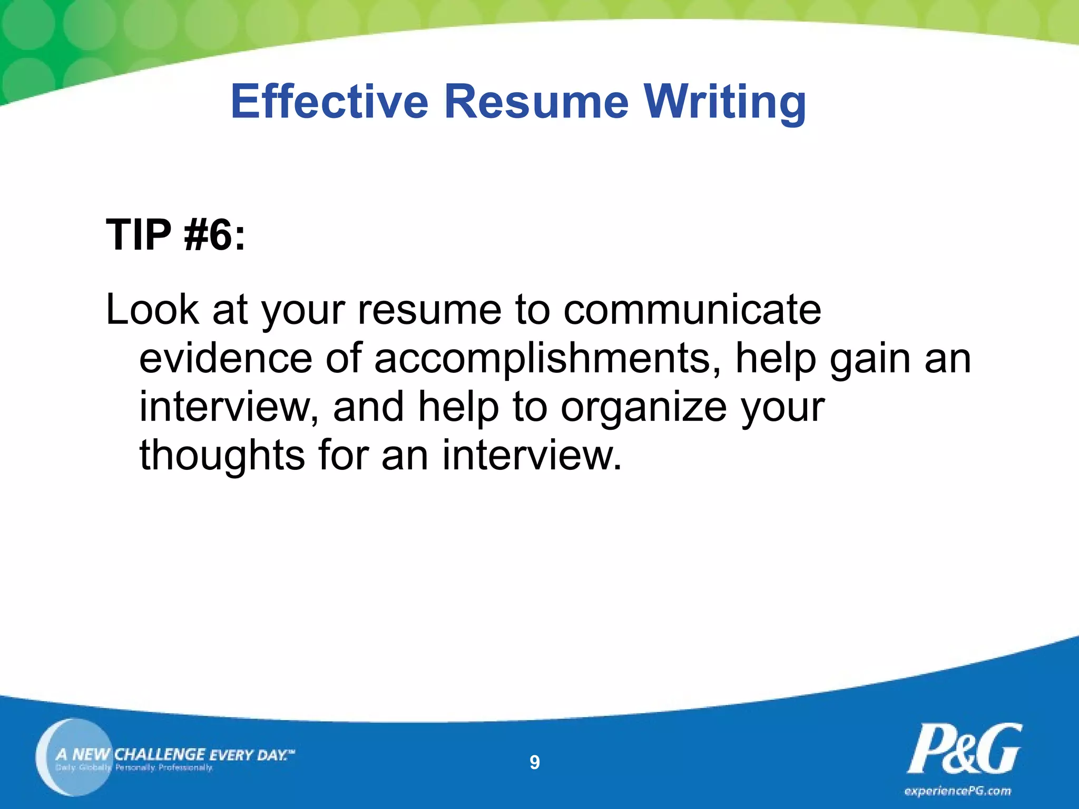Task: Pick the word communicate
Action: point(692,310)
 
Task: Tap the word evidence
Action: point(226,358)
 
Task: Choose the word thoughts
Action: point(222,455)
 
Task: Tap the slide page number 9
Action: point(534,763)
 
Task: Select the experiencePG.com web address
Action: point(958,791)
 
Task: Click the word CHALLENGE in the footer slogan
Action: point(160,754)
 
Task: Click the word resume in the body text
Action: point(429,310)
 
